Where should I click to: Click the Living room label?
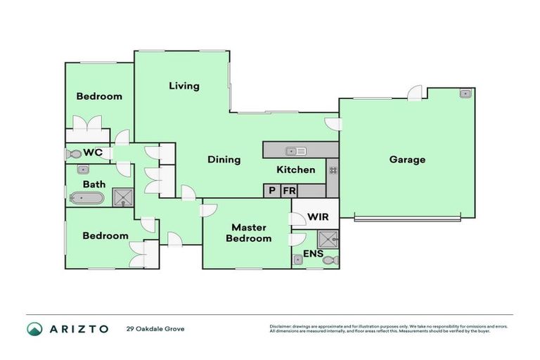pos(184,86)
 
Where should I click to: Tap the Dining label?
pos(224,160)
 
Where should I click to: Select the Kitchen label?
pos(295,169)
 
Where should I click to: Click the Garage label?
pos(407,160)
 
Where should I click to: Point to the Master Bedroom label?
pos(247,233)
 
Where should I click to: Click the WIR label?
pos(318,217)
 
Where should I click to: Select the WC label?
pos(94,153)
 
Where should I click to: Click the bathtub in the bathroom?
pos(86,198)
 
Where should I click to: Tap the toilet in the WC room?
pos(73,153)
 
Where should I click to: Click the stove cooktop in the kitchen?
pos(332,169)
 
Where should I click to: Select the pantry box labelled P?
pos(271,191)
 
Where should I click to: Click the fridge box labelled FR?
pos(288,191)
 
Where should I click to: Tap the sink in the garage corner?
pos(465,94)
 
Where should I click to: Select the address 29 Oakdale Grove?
pos(155,329)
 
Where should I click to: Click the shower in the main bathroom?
pos(122,197)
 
